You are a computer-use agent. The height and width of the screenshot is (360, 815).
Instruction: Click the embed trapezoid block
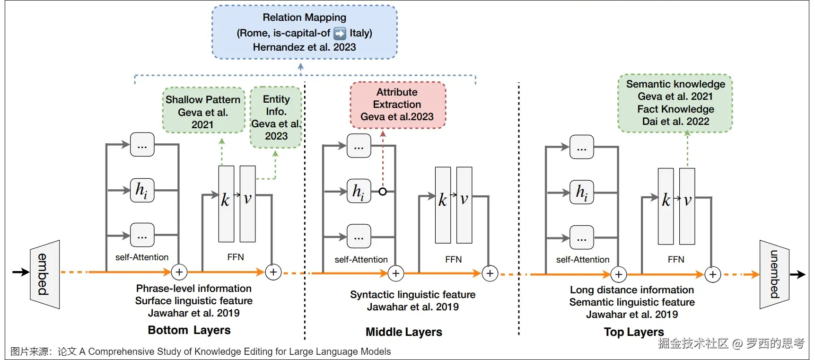pyautogui.click(x=44, y=274)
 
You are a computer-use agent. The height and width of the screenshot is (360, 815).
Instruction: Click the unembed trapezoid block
pyautogui.click(x=774, y=274)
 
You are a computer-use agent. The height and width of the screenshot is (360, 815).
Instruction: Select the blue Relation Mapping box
pyautogui.click(x=304, y=32)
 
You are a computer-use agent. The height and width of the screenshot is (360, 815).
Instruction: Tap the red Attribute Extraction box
pyautogui.click(x=397, y=105)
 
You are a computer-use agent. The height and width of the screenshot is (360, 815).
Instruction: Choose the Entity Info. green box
pyautogui.click(x=276, y=117)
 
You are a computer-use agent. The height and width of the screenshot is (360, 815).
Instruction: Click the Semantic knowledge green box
pyautogui.click(x=675, y=103)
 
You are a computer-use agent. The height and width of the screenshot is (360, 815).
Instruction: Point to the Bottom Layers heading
pyautogui.click(x=189, y=330)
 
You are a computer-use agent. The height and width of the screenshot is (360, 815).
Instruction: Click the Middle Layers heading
pyautogui.click(x=404, y=332)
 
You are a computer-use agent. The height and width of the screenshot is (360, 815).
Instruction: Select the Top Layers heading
pyautogui.click(x=634, y=332)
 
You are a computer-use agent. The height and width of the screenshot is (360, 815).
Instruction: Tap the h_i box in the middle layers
pyautogui.click(x=359, y=192)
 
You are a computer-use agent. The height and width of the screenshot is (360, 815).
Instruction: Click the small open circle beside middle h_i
pyautogui.click(x=383, y=192)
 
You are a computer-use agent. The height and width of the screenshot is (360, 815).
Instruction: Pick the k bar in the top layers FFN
pyautogui.click(x=666, y=206)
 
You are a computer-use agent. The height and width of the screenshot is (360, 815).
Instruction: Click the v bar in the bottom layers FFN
pyautogui.click(x=247, y=204)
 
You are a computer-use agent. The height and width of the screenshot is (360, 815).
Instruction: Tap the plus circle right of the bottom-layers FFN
pyautogui.click(x=273, y=272)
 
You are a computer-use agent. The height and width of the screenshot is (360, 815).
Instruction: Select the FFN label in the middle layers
pyautogui.click(x=453, y=259)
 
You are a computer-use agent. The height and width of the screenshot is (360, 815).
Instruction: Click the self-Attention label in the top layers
pyautogui.click(x=582, y=260)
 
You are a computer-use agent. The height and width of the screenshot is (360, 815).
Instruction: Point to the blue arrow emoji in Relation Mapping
pyautogui.click(x=340, y=33)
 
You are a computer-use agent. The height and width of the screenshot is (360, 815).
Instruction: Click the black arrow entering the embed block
pyautogui.click(x=20, y=272)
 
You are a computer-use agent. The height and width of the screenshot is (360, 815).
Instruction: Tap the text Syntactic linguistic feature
pyautogui.click(x=412, y=295)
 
